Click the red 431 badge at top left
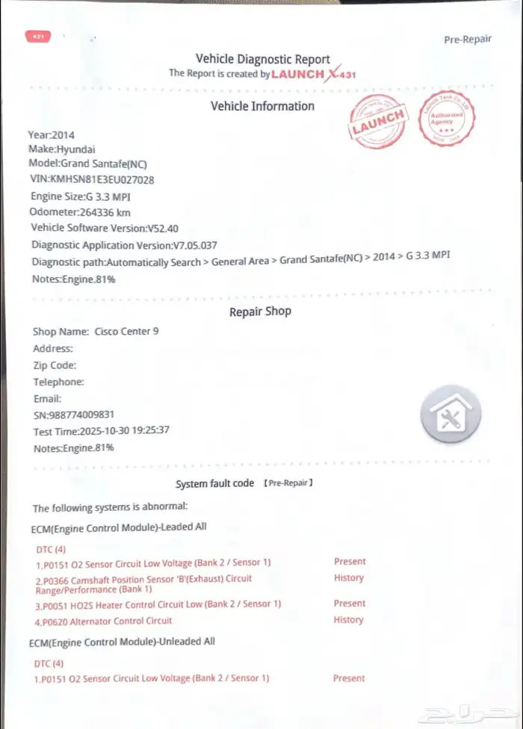(37, 36)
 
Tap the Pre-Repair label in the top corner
(468, 40)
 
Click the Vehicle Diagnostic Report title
(262, 59)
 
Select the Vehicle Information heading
(262, 106)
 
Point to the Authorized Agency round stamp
(448, 119)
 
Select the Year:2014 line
(52, 134)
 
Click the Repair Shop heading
(260, 311)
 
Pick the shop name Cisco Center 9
(126, 332)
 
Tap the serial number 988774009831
(74, 415)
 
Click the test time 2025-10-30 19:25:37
(101, 430)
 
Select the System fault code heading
(215, 483)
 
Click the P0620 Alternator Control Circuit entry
(104, 621)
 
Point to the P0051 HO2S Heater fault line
(158, 604)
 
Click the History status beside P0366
(348, 577)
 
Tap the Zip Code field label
(55, 365)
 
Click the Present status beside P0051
(349, 603)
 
